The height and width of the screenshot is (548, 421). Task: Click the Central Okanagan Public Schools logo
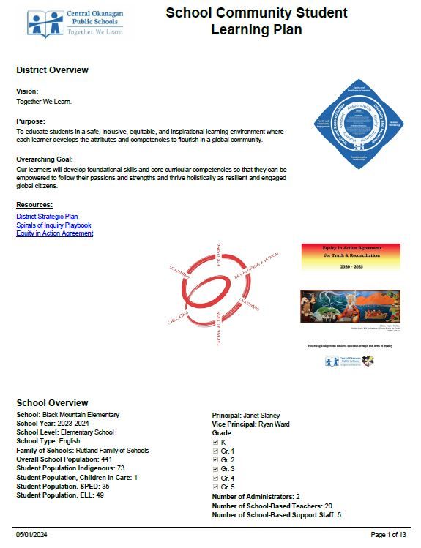click(x=75, y=23)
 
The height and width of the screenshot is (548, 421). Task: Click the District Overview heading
click(x=52, y=70)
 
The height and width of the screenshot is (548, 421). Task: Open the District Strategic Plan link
click(x=47, y=217)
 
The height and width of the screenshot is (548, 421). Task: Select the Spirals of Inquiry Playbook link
click(x=53, y=225)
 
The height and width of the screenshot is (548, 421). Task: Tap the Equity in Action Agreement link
click(x=54, y=233)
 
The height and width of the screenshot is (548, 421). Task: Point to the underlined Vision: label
click(x=26, y=91)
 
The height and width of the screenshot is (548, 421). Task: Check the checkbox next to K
click(x=215, y=443)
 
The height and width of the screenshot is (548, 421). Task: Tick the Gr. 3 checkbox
click(x=215, y=468)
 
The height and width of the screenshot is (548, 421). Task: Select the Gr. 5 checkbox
click(x=215, y=487)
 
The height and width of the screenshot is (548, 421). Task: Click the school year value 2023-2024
click(x=77, y=424)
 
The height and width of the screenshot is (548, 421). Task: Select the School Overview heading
click(x=52, y=403)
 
